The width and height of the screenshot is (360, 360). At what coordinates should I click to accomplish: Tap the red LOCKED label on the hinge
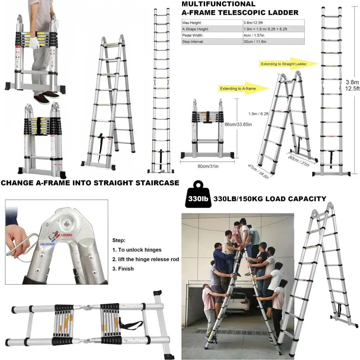(x=67, y=235)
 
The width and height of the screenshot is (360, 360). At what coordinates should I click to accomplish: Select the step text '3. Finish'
(x=123, y=269)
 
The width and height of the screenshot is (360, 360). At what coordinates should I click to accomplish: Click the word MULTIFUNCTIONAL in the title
(x=218, y=4)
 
